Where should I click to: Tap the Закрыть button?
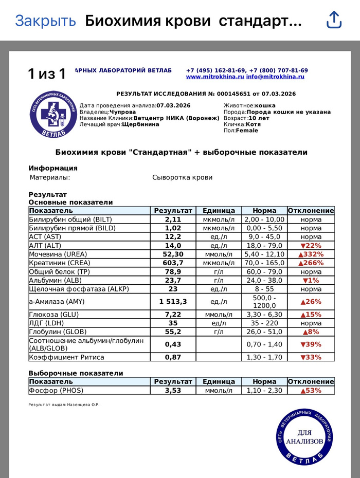[x=45, y=21]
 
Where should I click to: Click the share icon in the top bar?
[x=334, y=20]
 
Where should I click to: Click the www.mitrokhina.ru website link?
[x=214, y=77]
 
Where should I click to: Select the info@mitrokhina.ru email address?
[x=275, y=77]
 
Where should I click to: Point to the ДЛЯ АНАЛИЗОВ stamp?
[x=303, y=434]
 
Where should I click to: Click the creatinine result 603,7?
[x=173, y=263]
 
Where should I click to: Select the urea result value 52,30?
[x=173, y=254]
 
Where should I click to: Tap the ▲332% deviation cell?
[x=311, y=254]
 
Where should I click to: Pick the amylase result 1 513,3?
[x=173, y=302]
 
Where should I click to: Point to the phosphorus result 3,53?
[x=173, y=390]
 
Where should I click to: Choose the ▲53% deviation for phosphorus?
[x=311, y=390]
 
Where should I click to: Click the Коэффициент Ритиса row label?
[x=67, y=357]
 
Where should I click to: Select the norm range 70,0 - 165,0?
[x=264, y=263]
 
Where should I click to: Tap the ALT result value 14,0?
[x=173, y=245]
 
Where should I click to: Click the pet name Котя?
[x=253, y=124]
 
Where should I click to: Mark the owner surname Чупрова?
[x=122, y=112]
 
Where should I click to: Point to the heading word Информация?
[x=53, y=168]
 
